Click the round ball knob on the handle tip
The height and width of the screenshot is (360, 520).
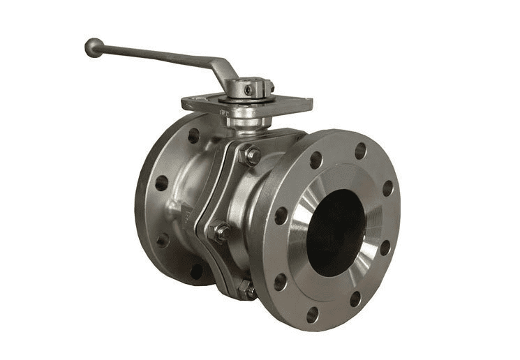point(94,47)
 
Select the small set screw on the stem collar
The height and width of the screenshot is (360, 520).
point(248,90)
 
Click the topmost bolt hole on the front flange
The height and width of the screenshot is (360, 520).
point(360,151)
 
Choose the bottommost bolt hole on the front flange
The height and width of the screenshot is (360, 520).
point(312,315)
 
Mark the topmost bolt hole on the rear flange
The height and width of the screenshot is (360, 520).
point(193,135)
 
